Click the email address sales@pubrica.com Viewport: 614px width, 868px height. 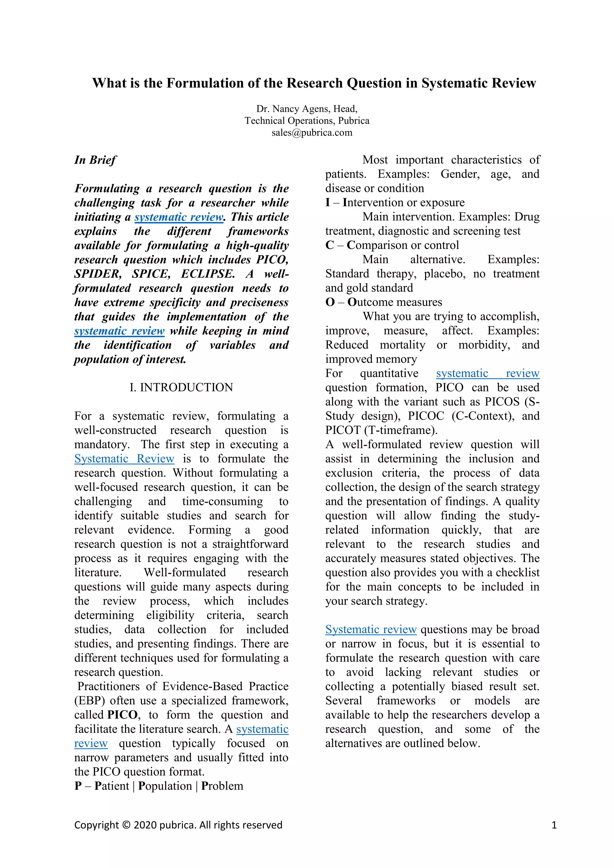click(311, 133)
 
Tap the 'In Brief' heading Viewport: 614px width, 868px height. click(95, 160)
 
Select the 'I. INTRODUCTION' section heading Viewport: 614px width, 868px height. click(181, 387)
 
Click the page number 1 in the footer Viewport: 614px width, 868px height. click(554, 825)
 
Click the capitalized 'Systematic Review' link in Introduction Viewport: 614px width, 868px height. click(124, 459)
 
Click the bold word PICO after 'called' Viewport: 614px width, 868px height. click(122, 715)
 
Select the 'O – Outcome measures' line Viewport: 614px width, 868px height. click(383, 302)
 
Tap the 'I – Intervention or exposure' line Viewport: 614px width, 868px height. click(395, 202)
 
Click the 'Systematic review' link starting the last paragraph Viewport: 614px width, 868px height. click(371, 629)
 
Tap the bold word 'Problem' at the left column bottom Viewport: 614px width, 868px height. click(222, 786)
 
